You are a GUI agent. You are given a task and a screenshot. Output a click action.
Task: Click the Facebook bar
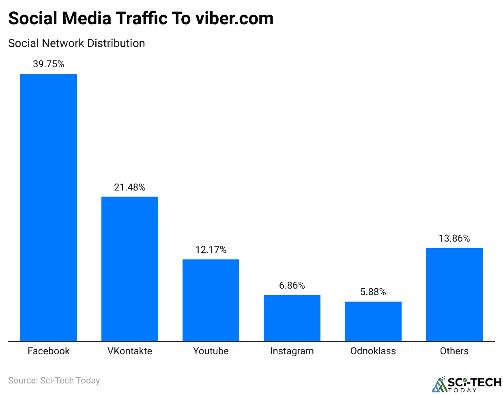49,207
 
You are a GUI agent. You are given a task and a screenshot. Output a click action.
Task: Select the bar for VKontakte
130,269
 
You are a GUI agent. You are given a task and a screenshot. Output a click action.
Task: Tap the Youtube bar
211,300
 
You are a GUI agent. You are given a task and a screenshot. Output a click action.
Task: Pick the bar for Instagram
292,318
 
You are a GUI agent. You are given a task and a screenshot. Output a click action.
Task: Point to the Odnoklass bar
373,321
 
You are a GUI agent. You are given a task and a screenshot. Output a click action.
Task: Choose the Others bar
454,294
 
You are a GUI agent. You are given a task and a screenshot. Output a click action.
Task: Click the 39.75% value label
49,64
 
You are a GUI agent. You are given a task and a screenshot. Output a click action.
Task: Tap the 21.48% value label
130,187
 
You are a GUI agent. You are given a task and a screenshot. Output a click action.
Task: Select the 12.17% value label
211,250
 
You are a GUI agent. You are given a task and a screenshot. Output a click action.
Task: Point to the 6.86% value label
292,285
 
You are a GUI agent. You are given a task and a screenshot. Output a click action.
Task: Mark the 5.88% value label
373,292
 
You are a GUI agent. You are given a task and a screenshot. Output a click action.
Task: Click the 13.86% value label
454,238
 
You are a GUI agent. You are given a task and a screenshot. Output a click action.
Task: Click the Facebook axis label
49,351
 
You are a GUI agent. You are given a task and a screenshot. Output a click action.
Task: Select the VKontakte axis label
130,351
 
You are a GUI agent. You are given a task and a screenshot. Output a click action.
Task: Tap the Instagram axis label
292,351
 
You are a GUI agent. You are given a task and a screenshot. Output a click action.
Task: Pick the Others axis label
454,351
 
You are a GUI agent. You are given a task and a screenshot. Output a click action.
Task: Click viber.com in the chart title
234,19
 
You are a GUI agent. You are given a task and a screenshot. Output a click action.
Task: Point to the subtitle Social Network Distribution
77,43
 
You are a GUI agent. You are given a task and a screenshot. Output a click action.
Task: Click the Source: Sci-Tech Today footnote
54,381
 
